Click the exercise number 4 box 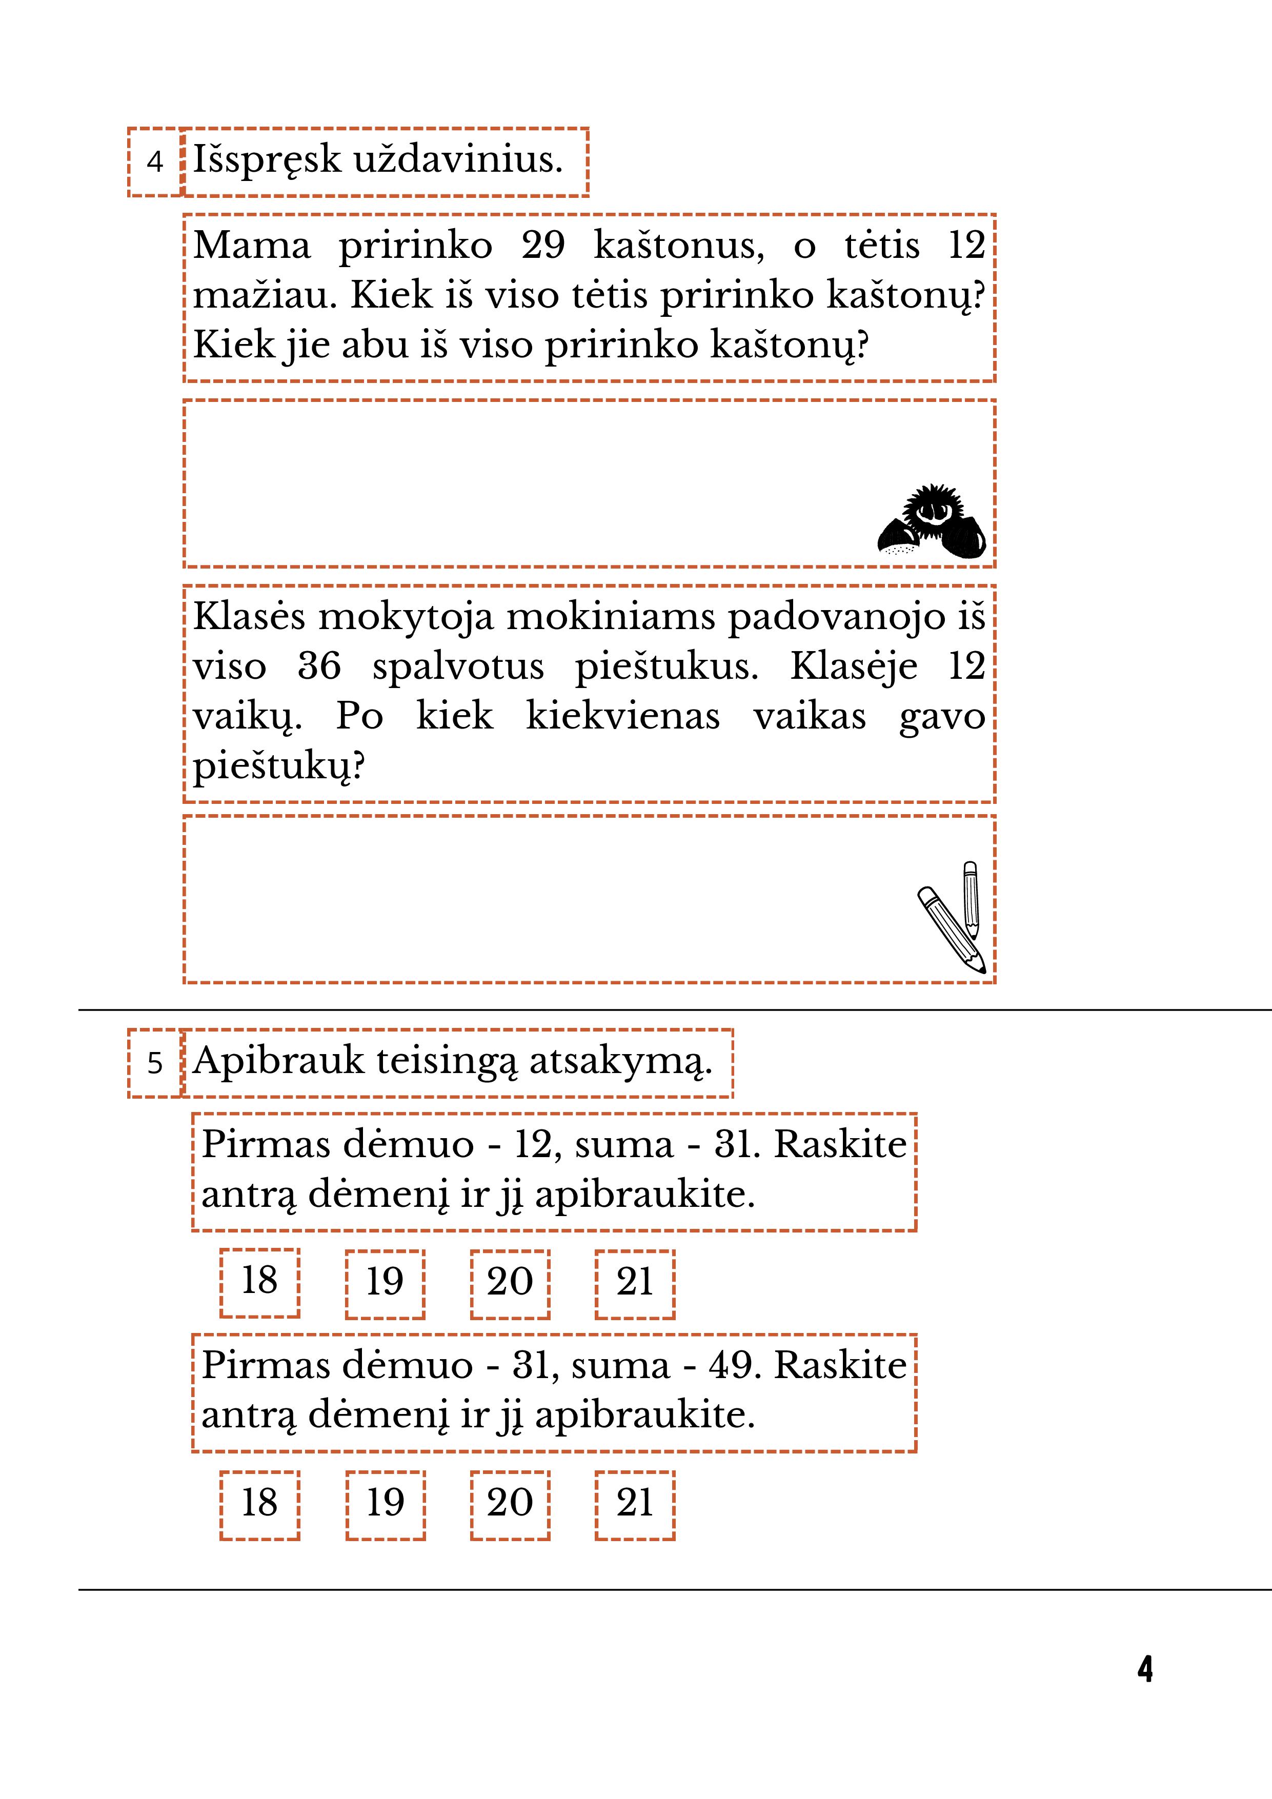pyautogui.click(x=154, y=161)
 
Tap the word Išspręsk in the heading pyautogui.click(x=267, y=160)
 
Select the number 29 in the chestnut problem pyautogui.click(x=542, y=245)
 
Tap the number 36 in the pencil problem pyautogui.click(x=319, y=667)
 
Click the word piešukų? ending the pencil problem pyautogui.click(x=279, y=767)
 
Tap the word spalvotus pyautogui.click(x=458, y=667)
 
